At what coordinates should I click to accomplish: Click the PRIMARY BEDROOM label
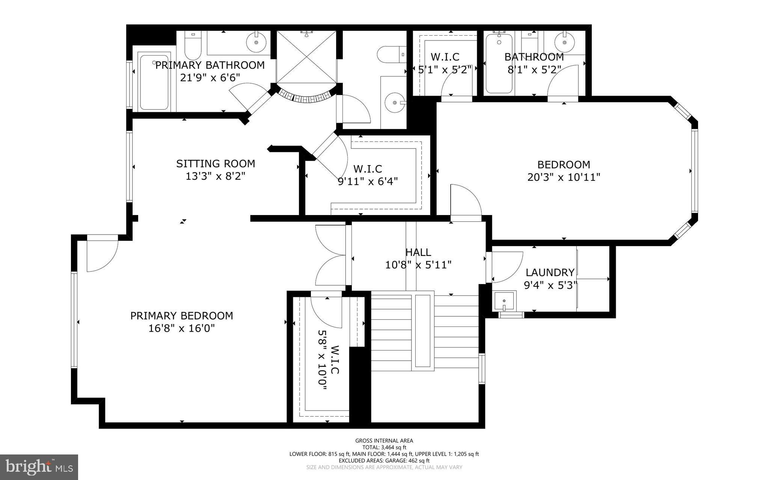[x=181, y=316]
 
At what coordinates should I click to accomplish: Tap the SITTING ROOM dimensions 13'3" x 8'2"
[x=216, y=176]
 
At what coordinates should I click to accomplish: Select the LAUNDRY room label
[x=550, y=272]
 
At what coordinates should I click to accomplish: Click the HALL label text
[x=418, y=252]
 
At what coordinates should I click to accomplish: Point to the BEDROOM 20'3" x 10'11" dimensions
[x=564, y=177]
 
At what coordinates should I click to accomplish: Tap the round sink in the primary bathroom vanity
[x=256, y=42]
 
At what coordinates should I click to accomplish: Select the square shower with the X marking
[x=307, y=57]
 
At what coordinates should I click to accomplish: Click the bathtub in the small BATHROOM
[x=499, y=64]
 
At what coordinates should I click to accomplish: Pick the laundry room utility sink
[x=504, y=301]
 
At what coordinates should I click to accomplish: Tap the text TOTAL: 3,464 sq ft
[x=384, y=447]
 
